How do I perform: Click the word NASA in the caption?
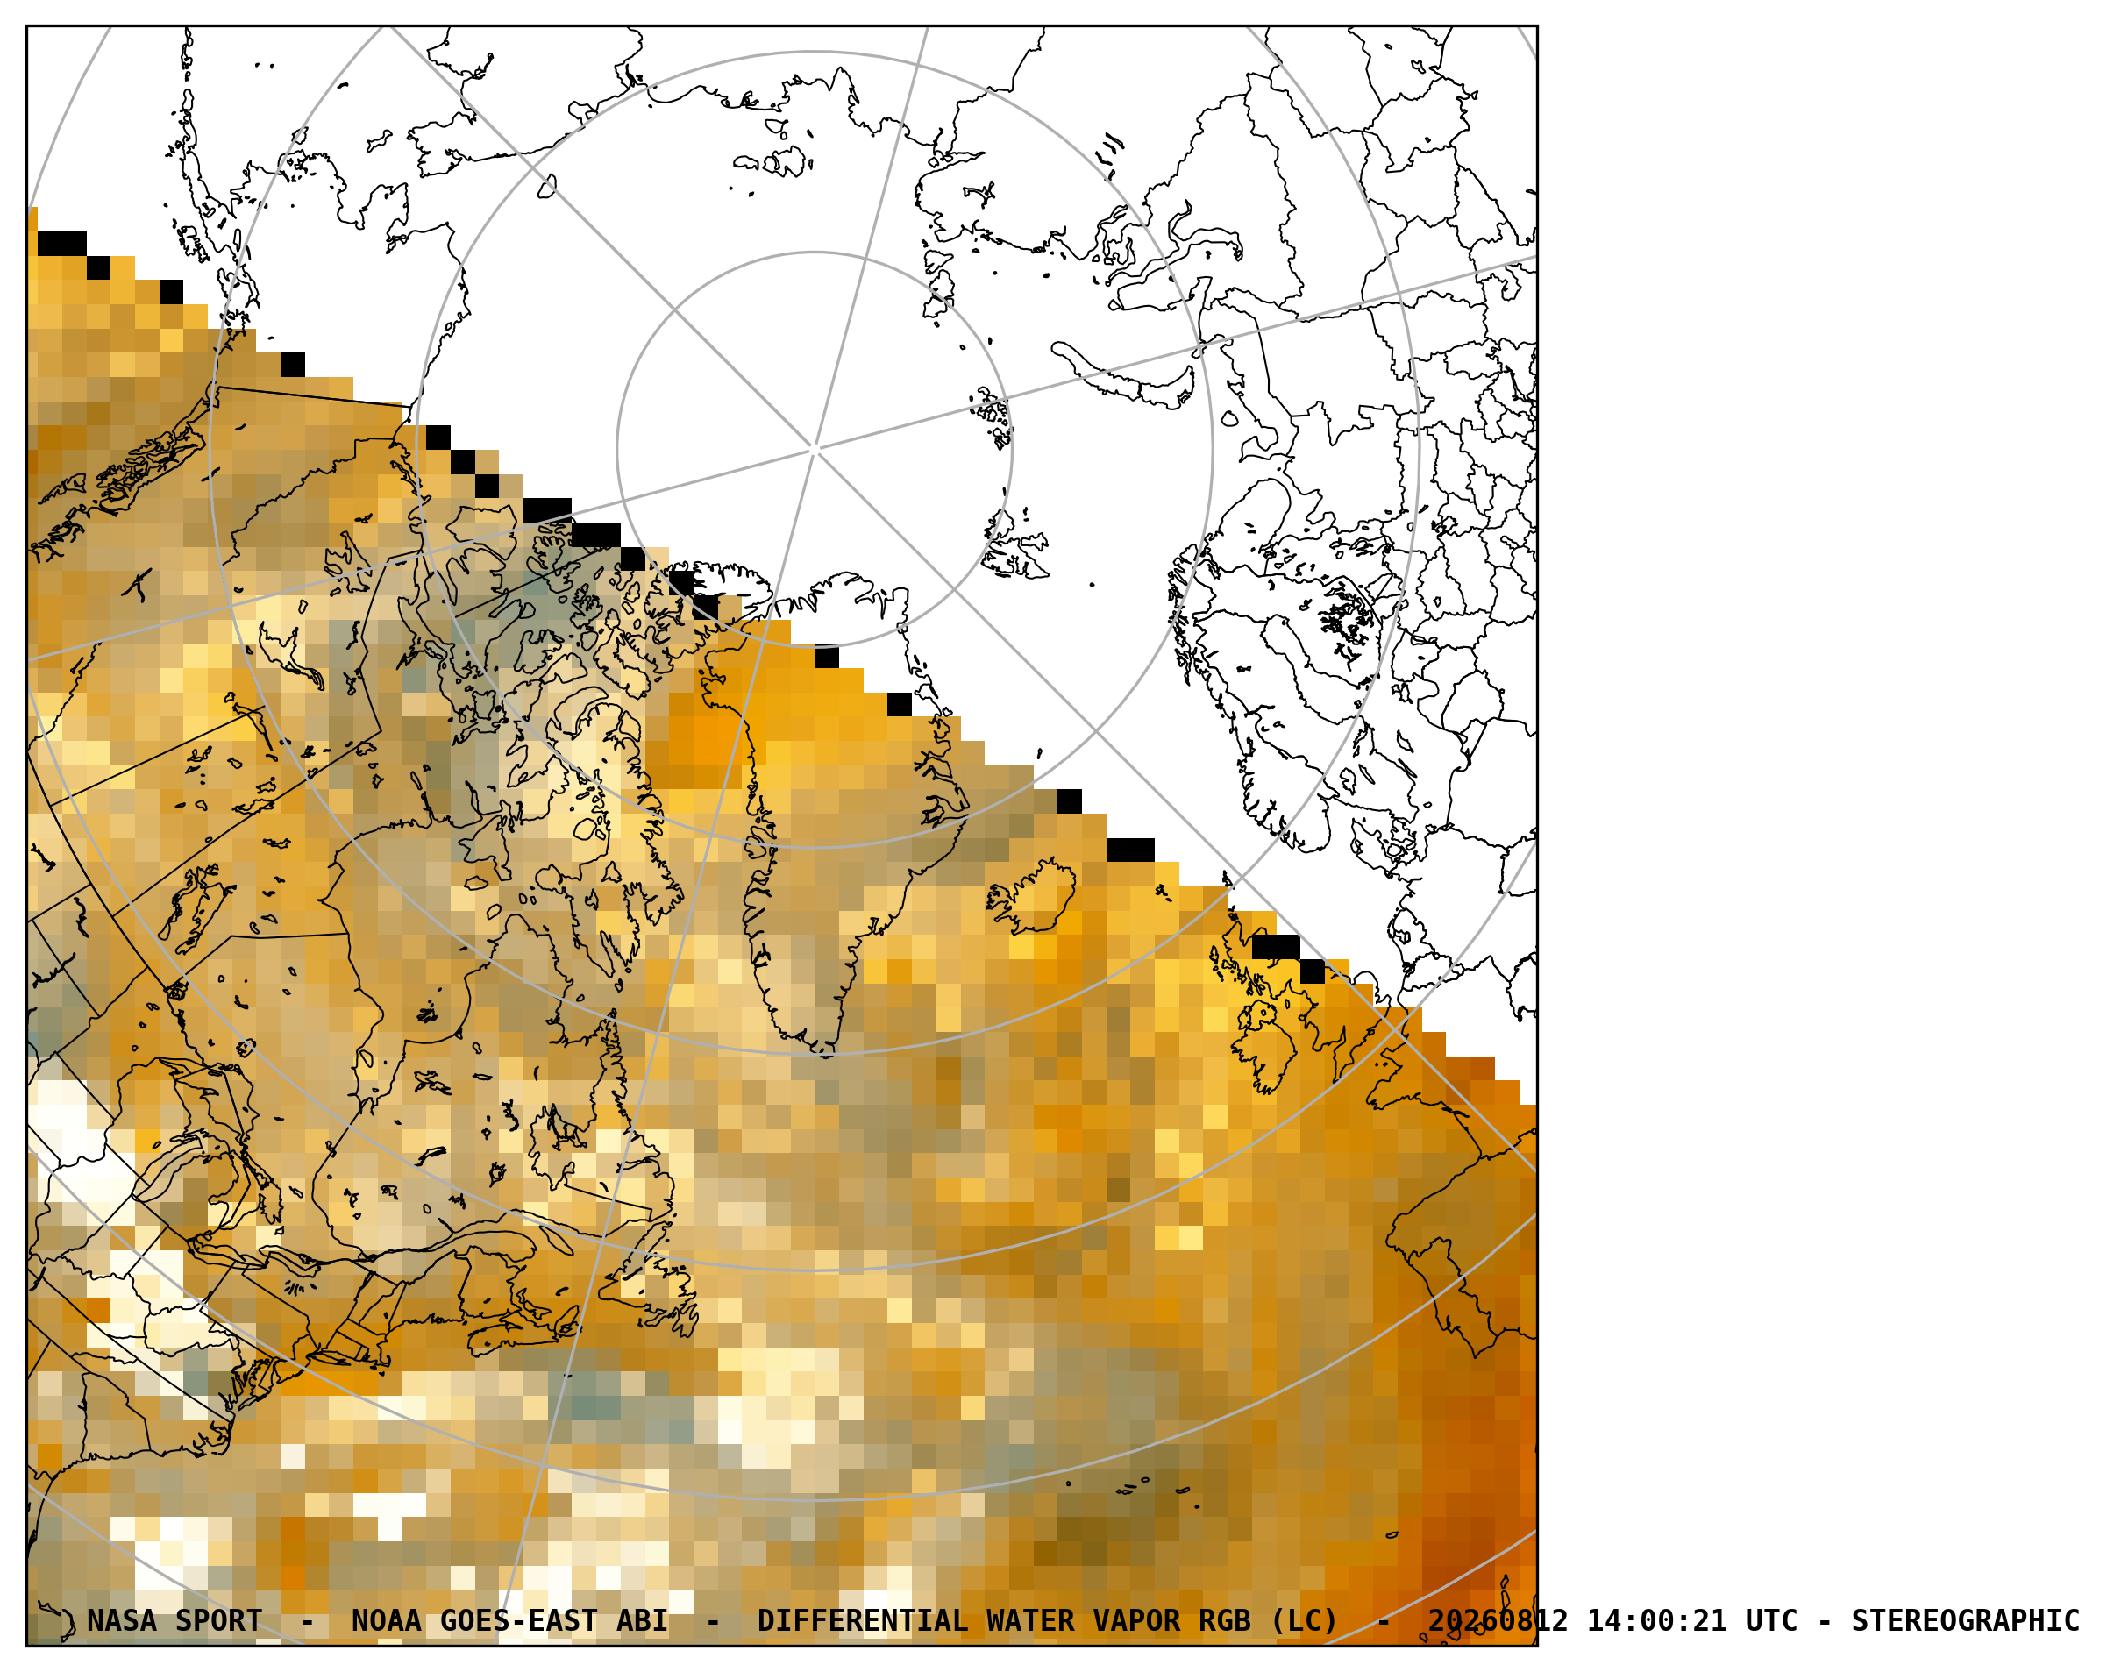pyautogui.click(x=122, y=1621)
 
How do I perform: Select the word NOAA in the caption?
pyautogui.click(x=387, y=1621)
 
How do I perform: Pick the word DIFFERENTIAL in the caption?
pyautogui.click(x=863, y=1621)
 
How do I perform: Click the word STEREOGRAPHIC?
pyautogui.click(x=1965, y=1621)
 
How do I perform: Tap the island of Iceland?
pyautogui.click(x=1034, y=895)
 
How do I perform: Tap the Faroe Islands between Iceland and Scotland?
pyautogui.click(x=1162, y=893)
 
